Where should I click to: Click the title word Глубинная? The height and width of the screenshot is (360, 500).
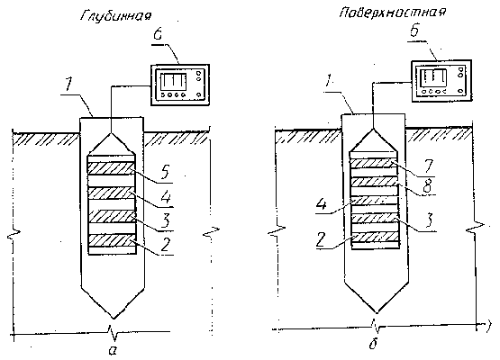(x=115, y=15)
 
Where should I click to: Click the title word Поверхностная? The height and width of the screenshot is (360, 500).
(x=392, y=12)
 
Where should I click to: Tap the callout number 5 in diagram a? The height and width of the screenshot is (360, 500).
(x=166, y=173)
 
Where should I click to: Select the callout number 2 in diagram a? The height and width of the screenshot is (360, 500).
(x=167, y=245)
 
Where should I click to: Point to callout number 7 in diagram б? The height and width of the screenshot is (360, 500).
(x=427, y=166)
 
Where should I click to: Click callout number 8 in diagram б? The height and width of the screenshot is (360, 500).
(x=428, y=185)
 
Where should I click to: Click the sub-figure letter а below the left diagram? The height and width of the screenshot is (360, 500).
(x=113, y=350)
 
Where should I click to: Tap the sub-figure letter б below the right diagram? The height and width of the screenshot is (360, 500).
(x=373, y=344)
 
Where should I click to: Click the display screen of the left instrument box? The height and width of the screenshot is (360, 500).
(x=172, y=81)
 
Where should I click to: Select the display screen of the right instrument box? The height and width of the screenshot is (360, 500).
(x=433, y=77)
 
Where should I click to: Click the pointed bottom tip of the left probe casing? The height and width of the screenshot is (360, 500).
(x=113, y=319)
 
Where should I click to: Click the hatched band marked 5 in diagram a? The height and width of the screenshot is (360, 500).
(x=112, y=168)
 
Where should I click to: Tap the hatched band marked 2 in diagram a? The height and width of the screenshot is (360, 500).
(x=112, y=240)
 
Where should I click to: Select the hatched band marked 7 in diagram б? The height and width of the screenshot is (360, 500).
(x=375, y=163)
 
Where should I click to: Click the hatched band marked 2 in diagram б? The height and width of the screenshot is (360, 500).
(x=375, y=238)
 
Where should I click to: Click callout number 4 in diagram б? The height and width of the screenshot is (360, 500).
(x=322, y=204)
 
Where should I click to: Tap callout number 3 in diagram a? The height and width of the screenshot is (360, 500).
(x=166, y=220)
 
